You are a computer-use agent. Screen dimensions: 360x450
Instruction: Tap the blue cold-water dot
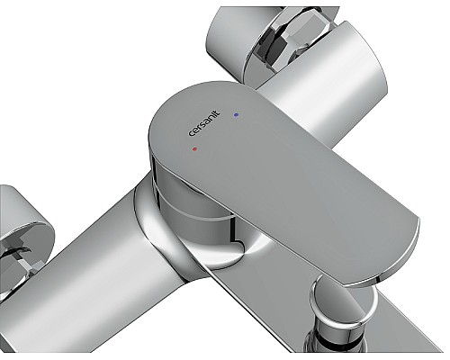pos(237,115)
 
